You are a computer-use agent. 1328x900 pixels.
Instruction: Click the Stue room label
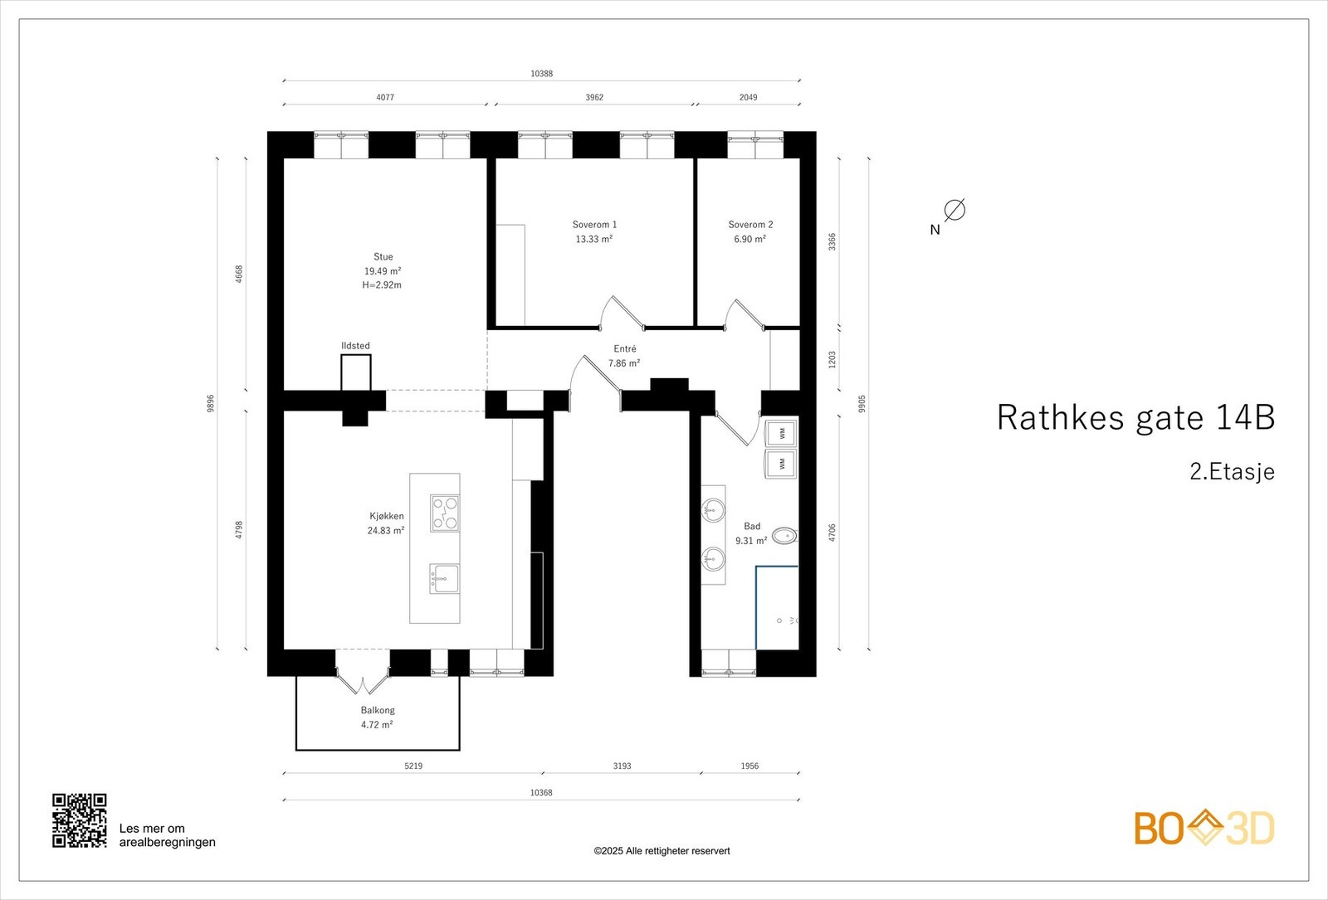point(383,257)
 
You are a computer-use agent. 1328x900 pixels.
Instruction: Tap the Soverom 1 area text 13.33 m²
point(593,239)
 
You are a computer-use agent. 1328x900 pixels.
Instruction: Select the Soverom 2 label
point(750,225)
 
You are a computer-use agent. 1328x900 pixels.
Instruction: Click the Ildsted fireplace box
point(355,372)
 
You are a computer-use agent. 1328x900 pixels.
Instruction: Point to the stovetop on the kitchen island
point(445,513)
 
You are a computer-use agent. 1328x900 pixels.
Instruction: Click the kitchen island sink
point(444,578)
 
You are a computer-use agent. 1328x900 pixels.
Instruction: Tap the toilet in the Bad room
point(784,536)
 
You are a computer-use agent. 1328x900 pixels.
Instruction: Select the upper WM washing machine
point(781,433)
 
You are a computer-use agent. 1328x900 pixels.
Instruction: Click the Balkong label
point(378,710)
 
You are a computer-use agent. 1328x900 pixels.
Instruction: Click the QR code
point(80,820)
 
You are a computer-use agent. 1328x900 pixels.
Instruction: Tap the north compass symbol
point(954,210)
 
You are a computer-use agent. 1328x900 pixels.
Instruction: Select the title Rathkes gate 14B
point(1135,417)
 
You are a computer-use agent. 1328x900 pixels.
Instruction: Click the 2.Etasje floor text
point(1232,472)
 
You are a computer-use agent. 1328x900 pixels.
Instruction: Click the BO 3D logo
point(1203,828)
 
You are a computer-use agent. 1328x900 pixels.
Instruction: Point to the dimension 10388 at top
point(541,74)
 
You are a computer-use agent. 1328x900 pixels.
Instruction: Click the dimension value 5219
point(413,766)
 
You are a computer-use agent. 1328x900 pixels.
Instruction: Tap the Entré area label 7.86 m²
point(623,363)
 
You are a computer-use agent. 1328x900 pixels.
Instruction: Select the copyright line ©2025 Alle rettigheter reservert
point(662,851)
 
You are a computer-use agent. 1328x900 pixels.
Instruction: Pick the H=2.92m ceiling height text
point(382,285)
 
